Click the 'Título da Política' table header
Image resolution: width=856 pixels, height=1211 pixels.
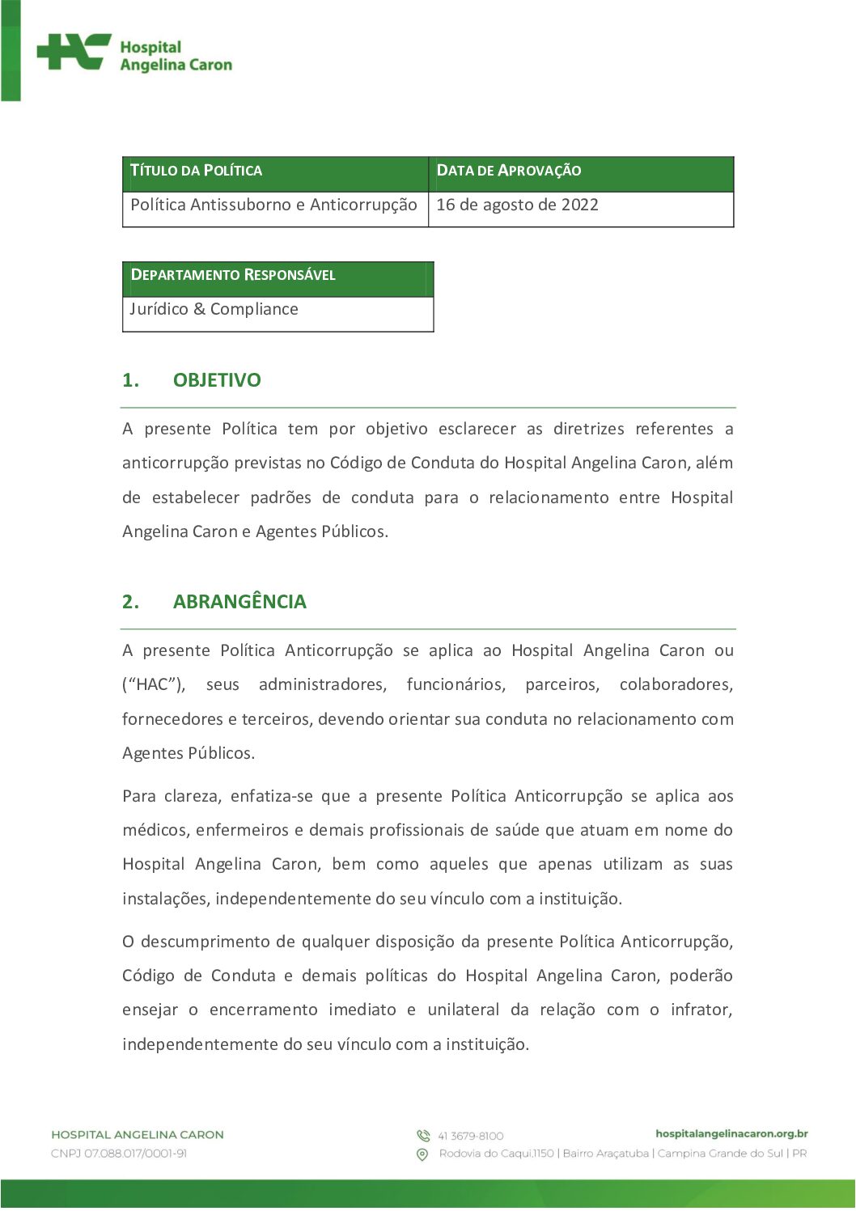tap(196, 171)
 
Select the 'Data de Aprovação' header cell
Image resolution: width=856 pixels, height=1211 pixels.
tap(508, 171)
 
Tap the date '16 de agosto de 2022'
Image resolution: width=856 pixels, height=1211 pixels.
tap(517, 205)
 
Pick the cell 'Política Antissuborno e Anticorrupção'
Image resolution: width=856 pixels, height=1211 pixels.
tap(273, 205)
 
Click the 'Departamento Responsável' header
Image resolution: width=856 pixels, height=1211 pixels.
tap(233, 275)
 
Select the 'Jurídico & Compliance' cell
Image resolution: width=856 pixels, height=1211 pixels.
tap(214, 310)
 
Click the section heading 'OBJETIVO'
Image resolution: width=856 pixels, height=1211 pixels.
tap(217, 380)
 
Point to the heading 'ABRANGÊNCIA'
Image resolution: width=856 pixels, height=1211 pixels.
tap(239, 602)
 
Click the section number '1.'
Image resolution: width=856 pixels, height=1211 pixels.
tap(131, 380)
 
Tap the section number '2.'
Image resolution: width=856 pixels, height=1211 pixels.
tap(131, 602)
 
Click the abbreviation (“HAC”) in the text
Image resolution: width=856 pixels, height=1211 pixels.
tap(154, 685)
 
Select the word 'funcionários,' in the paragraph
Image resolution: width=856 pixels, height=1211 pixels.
tap(456, 685)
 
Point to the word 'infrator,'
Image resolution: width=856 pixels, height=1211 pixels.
tap(701, 1010)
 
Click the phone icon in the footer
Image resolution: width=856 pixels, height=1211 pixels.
tap(422, 1136)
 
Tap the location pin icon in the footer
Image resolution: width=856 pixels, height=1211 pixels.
tap(422, 1154)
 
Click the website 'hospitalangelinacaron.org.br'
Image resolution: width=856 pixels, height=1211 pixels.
tap(731, 1134)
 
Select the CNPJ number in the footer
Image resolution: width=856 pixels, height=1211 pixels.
tap(119, 1154)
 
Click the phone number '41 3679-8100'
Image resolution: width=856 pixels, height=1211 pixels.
tap(471, 1137)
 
